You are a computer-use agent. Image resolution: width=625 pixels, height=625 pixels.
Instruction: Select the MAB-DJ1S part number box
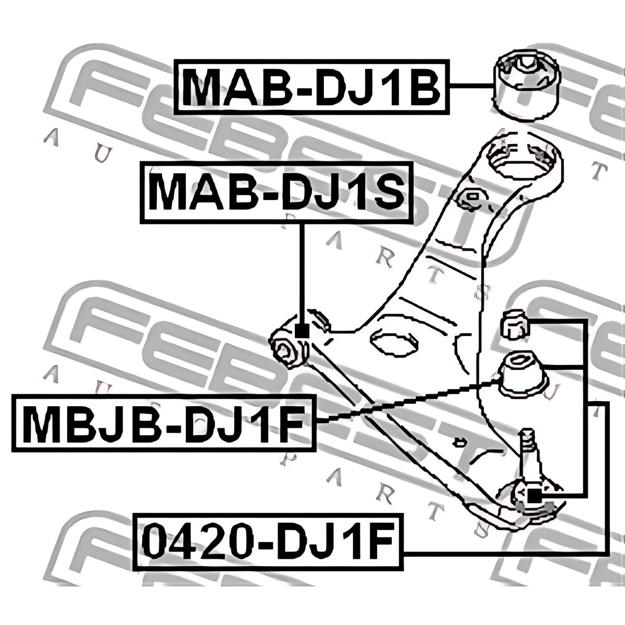(276, 193)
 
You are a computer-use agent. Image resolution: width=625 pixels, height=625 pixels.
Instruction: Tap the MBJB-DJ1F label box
(164, 423)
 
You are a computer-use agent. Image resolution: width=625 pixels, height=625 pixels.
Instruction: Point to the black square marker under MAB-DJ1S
(302, 330)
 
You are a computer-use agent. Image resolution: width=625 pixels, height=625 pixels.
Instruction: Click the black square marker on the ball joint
(534, 496)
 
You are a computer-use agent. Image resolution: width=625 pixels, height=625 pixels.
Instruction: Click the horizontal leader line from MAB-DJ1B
(471, 86)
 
